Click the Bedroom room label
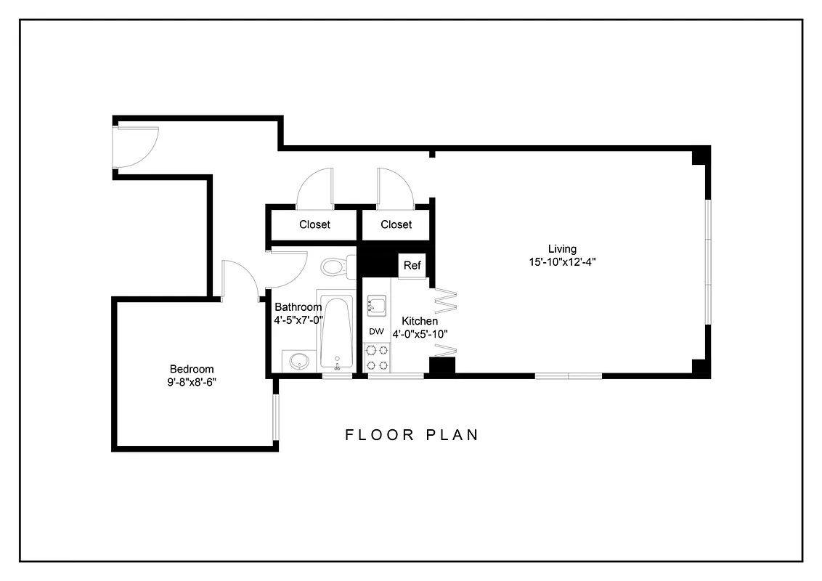pos(192,369)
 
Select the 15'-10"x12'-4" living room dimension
pos(563,262)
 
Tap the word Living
pos(563,250)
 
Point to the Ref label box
pos(412,265)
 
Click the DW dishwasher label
pos(376,331)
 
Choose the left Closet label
pos(314,224)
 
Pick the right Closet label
pos(396,224)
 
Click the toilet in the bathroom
pos(335,267)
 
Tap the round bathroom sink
pos(298,361)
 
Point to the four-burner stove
pos(377,358)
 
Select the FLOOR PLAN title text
pos(412,435)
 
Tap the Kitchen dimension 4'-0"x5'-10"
pos(420,334)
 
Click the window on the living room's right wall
pos(707,261)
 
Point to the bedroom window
pos(275,417)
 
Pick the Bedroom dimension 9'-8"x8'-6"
pos(192,381)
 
